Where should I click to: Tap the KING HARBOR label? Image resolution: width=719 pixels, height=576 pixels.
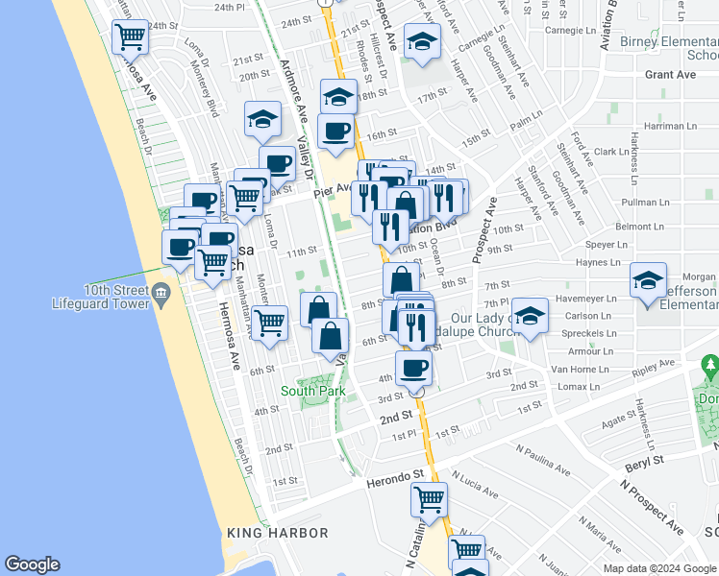pos(265,533)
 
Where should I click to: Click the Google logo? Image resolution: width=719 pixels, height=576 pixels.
pos(32,564)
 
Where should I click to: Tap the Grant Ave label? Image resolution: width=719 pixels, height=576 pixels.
pos(670,74)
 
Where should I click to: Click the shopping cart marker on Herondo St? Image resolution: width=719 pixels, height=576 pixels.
pos(429,498)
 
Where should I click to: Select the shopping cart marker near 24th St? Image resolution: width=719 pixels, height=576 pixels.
pos(130,37)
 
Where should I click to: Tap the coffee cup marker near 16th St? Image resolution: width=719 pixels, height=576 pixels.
pos(335,131)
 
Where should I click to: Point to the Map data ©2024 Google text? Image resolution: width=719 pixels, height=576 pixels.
pos(658,568)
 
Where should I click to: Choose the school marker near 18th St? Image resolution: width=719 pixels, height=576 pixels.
pos(338,97)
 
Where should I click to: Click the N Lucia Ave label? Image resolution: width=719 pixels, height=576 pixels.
pos(475,483)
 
